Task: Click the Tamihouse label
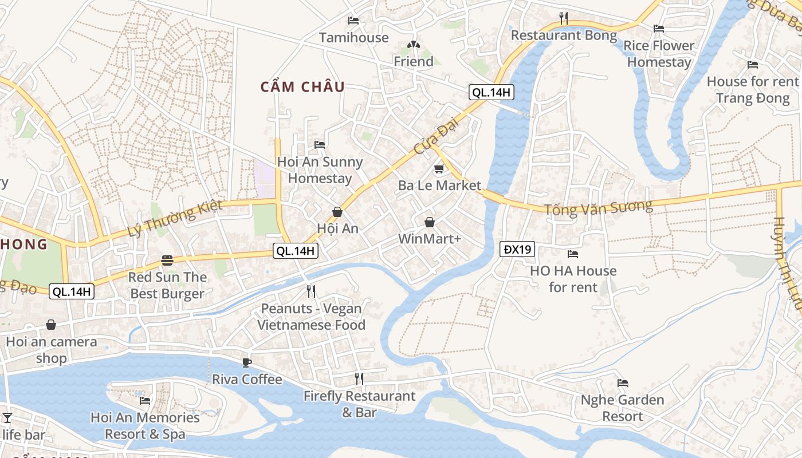pos(353,38)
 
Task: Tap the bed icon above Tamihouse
pos(353,21)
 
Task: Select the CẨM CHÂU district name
pos(302,87)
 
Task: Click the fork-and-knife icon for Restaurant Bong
pos(564,18)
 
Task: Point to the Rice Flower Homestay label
pos(659,54)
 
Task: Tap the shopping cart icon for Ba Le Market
pos(439,169)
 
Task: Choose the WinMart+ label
pos(430,239)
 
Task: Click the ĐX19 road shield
pos(517,249)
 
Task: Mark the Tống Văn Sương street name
pos(598,207)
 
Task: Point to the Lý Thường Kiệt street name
pos(175,219)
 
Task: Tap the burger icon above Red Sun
pos(167,260)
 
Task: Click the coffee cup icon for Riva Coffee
pos(247,362)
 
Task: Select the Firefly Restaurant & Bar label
pos(359,404)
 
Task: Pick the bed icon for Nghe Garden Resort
pos(623,382)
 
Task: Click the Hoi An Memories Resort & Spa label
pos(145,425)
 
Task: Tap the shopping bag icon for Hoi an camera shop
pos(51,325)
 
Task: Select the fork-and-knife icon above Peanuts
pos(311,291)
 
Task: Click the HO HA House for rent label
pos(573,279)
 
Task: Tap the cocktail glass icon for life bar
pos(7,418)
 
